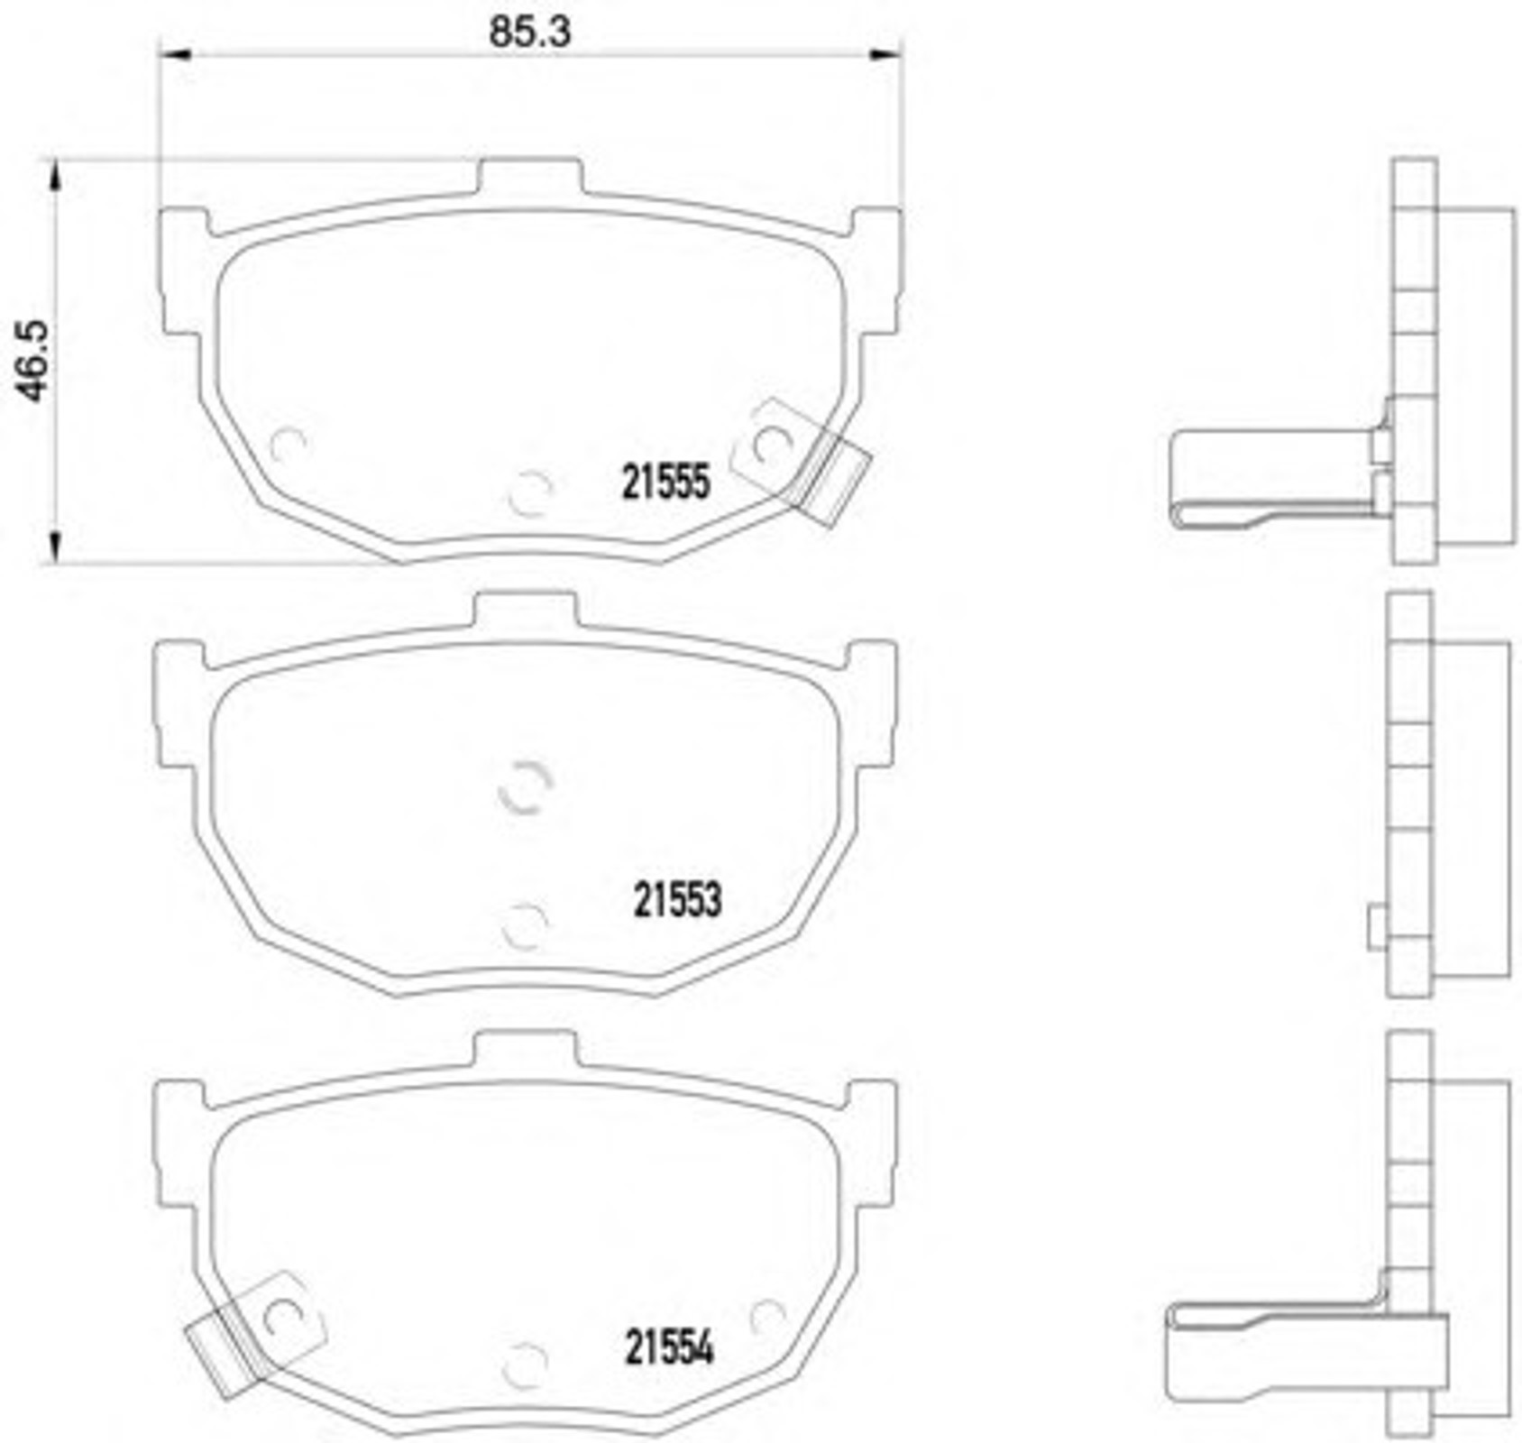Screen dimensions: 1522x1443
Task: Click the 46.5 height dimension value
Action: (33, 361)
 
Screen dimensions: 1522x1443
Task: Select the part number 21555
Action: (666, 483)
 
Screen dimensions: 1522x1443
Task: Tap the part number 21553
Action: (677, 899)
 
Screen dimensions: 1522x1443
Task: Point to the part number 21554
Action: (669, 1348)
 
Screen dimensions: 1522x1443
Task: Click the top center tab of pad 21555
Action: (529, 176)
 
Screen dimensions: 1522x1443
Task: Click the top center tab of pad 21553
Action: (526, 609)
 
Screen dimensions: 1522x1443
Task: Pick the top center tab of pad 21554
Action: (526, 1047)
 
